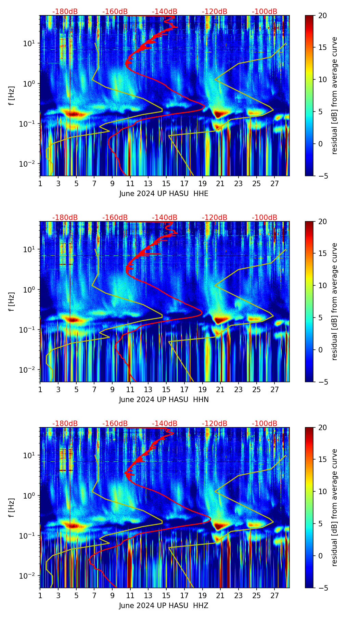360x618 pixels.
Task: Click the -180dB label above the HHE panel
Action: pyautogui.click(x=65, y=12)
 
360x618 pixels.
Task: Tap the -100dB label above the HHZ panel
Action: pyautogui.click(x=265, y=424)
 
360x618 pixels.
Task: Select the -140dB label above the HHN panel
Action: pyautogui.click(x=165, y=218)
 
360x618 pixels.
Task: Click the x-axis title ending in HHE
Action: pyautogui.click(x=164, y=194)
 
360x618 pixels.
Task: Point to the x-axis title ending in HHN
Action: pyautogui.click(x=164, y=400)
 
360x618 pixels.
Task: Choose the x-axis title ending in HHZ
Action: pyautogui.click(x=164, y=606)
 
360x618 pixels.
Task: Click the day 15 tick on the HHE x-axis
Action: pyautogui.click(x=166, y=184)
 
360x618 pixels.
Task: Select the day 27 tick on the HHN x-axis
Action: pyautogui.click(x=274, y=390)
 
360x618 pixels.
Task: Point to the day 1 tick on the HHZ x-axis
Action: pyautogui.click(x=40, y=596)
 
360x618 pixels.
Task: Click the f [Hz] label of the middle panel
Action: pyautogui.click(x=12, y=301)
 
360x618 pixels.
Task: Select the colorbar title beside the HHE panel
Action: pyautogui.click(x=334, y=96)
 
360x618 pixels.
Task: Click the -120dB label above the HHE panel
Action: pyautogui.click(x=215, y=12)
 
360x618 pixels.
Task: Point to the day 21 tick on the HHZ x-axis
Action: pyautogui.click(x=220, y=596)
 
